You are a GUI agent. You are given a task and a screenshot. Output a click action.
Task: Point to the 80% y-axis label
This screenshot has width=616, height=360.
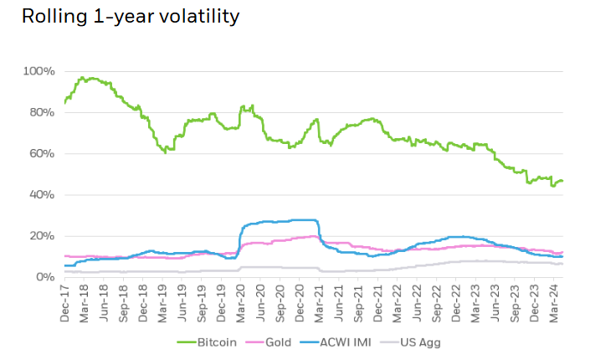click(x=42, y=112)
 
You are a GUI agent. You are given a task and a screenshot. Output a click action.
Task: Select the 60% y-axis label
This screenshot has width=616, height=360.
click(x=42, y=153)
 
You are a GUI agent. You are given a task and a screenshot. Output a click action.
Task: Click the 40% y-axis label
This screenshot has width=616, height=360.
click(x=42, y=194)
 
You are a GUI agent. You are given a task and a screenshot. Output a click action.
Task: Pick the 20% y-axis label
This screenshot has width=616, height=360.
click(x=42, y=235)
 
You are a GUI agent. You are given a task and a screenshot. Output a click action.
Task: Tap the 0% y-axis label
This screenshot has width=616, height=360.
click(x=45, y=276)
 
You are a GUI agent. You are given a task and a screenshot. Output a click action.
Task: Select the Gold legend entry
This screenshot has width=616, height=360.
click(x=282, y=342)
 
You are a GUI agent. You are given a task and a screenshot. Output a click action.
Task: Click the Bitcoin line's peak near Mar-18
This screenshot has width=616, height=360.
click(x=82, y=78)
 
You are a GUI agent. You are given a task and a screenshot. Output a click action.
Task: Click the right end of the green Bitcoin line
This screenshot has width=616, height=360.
click(x=562, y=181)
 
